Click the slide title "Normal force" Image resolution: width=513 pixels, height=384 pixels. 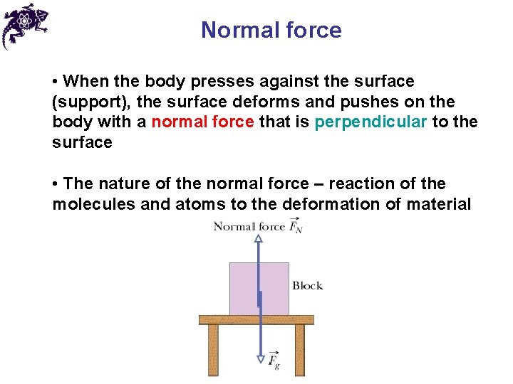tap(271, 30)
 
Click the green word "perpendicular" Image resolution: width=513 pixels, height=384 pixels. tap(370, 122)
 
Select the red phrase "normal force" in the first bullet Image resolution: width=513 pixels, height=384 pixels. tap(202, 122)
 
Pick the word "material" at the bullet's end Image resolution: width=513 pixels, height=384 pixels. tap(438, 205)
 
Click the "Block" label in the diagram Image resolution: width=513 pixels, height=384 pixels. tap(307, 286)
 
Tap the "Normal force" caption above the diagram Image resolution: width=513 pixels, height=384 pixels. tap(249, 227)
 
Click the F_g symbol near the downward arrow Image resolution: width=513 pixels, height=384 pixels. tap(274, 360)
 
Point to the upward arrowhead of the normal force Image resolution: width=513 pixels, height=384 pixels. tap(259, 239)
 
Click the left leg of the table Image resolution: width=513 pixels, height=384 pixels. tap(213, 350)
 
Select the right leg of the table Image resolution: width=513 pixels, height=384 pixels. tap(299, 350)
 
